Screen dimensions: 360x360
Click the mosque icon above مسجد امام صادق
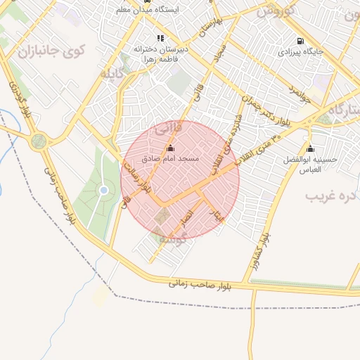[x=170, y=148]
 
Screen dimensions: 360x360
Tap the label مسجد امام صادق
[x=171, y=159]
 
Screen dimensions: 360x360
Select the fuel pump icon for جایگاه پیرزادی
[x=301, y=41]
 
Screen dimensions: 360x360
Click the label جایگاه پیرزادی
[x=300, y=52]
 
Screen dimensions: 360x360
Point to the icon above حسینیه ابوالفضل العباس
[x=310, y=149]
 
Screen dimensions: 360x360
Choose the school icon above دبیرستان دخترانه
[x=160, y=39]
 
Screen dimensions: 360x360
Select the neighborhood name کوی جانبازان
[x=51, y=51]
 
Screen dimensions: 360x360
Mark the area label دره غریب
[x=330, y=195]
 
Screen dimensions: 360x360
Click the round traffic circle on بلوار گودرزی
[x=38, y=141]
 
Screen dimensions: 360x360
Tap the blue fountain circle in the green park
[x=103, y=190]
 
